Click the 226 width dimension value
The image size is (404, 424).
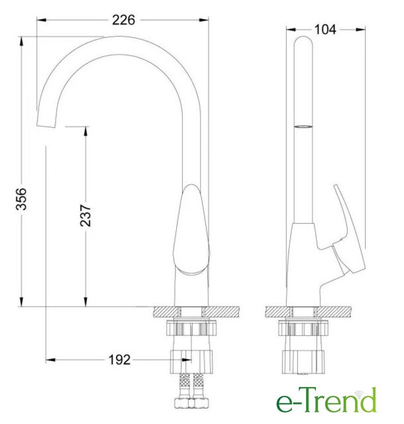(x=123, y=20)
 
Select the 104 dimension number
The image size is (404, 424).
(x=325, y=29)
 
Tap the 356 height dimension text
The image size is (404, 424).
(x=21, y=199)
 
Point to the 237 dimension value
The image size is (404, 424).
(x=85, y=215)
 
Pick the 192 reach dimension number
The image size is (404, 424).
(x=119, y=360)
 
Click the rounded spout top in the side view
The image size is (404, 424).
(x=303, y=40)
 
